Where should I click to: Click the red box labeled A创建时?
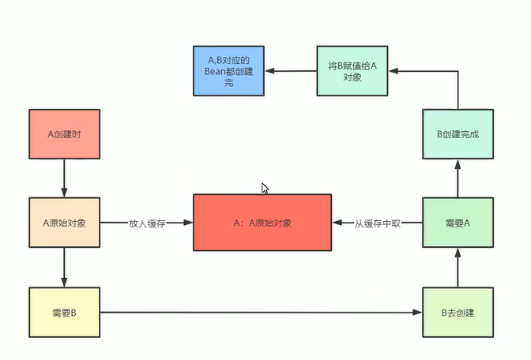coord(64,133)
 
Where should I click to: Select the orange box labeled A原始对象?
coord(64,223)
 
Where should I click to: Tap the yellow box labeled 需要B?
coord(64,313)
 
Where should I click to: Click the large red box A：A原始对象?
coord(262,223)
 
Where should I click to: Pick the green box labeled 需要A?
coord(458,223)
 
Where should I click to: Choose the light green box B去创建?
coord(458,313)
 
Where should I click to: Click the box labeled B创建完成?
coord(458,133)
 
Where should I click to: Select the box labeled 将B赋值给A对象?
coord(352,72)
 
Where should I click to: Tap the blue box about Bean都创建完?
coord(229,71)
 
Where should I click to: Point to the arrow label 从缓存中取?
coord(377,223)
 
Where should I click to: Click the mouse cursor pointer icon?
coord(265,189)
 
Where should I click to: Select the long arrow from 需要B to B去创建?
coord(261,313)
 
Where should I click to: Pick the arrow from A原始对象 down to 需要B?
coord(64,268)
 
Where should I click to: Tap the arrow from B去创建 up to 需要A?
coord(458,268)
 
